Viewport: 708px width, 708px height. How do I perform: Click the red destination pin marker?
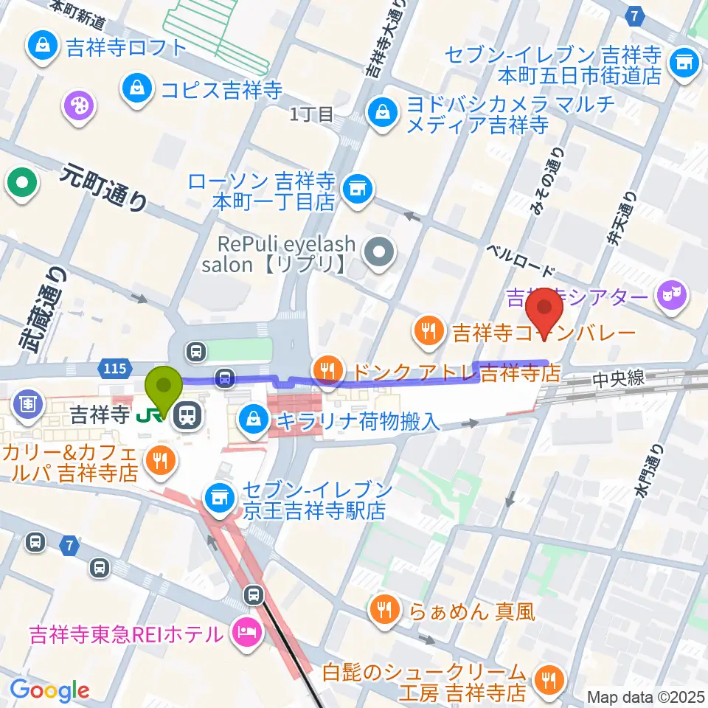coord(545,312)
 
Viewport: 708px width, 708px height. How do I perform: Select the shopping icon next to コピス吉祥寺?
coord(137,90)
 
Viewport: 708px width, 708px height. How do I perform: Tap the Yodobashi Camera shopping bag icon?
coord(382,114)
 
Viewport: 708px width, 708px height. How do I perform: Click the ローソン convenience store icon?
coord(358,190)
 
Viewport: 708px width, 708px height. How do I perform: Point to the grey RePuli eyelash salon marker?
coord(380,253)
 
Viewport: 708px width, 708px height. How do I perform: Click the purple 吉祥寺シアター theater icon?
coord(674,296)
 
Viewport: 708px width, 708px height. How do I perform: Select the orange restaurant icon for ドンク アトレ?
coord(326,369)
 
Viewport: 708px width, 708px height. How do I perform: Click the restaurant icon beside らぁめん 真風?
coord(383,610)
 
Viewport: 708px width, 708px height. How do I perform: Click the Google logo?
coord(49,690)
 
